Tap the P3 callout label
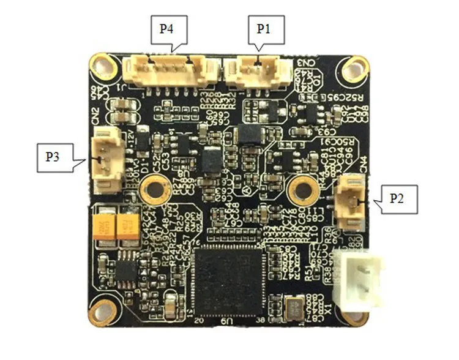tap(53, 157)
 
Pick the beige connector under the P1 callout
tap(254, 70)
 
